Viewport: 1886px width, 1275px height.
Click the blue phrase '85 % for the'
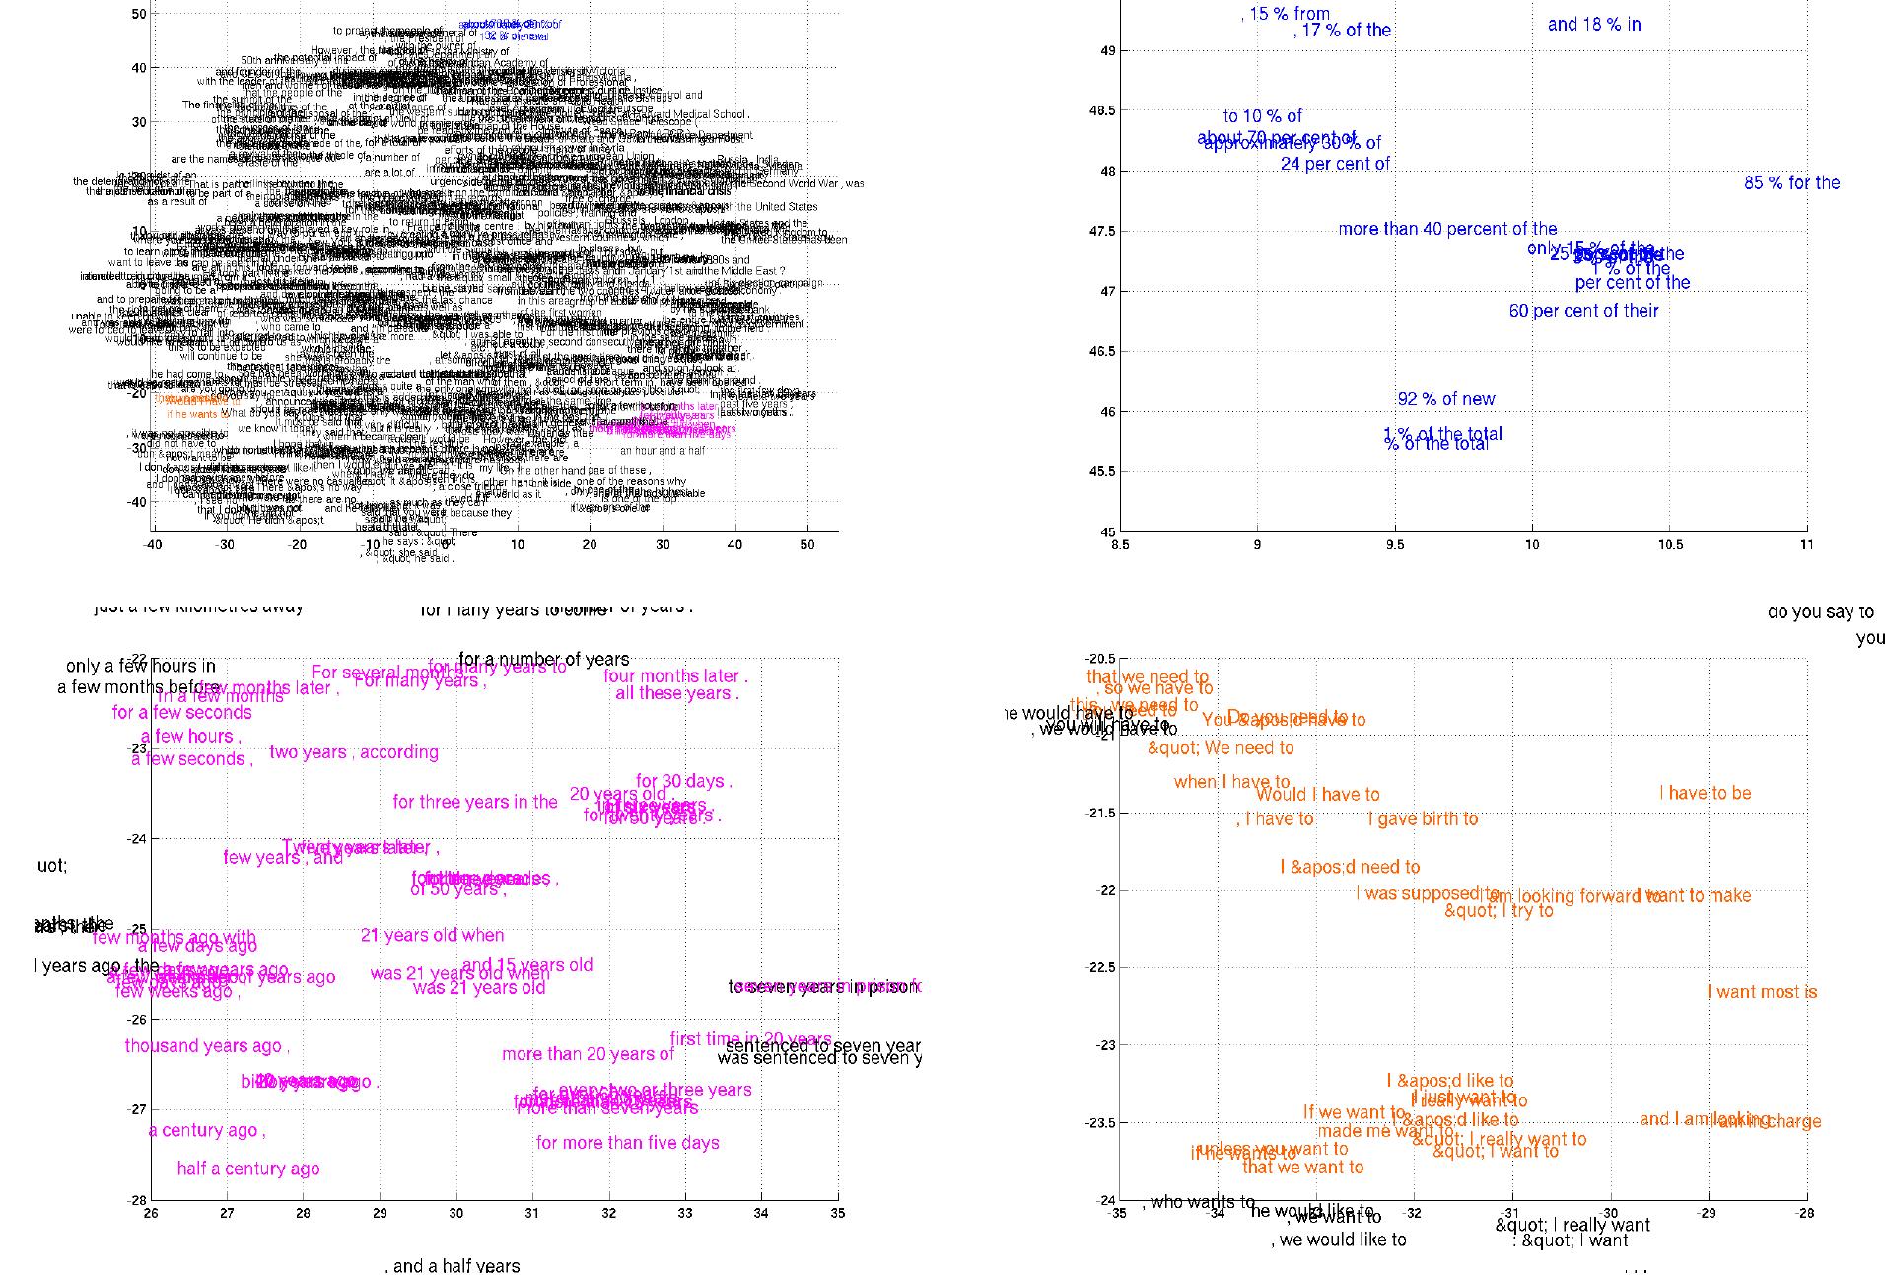pos(1791,182)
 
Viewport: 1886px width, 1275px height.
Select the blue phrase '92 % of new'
pos(1445,399)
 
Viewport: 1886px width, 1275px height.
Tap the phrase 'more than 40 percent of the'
pos(1447,229)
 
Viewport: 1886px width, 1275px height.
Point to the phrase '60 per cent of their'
pos(1583,311)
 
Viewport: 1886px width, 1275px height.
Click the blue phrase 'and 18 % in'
pos(1593,25)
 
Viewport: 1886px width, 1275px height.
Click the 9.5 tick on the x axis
pos(1394,544)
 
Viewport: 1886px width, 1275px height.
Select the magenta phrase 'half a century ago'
pos(248,1169)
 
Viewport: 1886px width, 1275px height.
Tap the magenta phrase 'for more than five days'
pos(627,1143)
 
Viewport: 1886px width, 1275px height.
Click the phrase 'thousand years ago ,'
pos(206,1046)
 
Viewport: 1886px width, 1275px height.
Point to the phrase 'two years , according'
pos(353,752)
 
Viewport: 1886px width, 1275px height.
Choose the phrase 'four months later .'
pos(675,676)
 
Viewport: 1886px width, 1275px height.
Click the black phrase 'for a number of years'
pos(544,659)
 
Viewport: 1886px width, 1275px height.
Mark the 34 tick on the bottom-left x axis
pos(761,1214)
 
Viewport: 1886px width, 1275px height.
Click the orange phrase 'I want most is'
pos(1762,992)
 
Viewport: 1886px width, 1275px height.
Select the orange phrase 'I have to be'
pos(1705,793)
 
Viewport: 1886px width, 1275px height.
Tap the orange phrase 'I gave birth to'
pos(1423,818)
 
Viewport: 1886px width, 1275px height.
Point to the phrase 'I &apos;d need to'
pos(1349,868)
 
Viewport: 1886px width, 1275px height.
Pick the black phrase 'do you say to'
pos(1820,612)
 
